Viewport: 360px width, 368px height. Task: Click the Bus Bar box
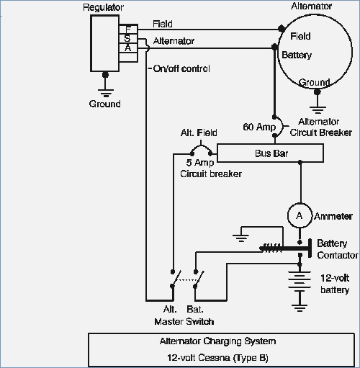[270, 153]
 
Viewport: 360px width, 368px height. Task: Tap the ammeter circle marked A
[300, 215]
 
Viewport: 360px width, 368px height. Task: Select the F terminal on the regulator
[128, 29]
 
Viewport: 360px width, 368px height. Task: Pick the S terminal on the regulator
[128, 38]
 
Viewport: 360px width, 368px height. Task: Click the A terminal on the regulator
[128, 48]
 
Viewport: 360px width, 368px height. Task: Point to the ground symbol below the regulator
[105, 92]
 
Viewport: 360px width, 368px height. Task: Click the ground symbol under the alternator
[318, 109]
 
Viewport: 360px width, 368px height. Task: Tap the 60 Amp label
[259, 127]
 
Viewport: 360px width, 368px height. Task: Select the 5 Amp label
[200, 163]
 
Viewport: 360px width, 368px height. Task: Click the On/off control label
[181, 68]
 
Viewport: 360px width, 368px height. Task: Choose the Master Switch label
[184, 321]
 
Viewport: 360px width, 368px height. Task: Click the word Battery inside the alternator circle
[297, 55]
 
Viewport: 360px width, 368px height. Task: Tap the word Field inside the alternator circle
[300, 36]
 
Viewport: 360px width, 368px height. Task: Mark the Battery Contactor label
[337, 249]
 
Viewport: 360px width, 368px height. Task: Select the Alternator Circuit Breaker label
[321, 127]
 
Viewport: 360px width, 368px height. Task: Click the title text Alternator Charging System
[217, 341]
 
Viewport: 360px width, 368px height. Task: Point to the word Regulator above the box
[103, 8]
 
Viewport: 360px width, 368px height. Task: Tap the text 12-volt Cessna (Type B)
[217, 358]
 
